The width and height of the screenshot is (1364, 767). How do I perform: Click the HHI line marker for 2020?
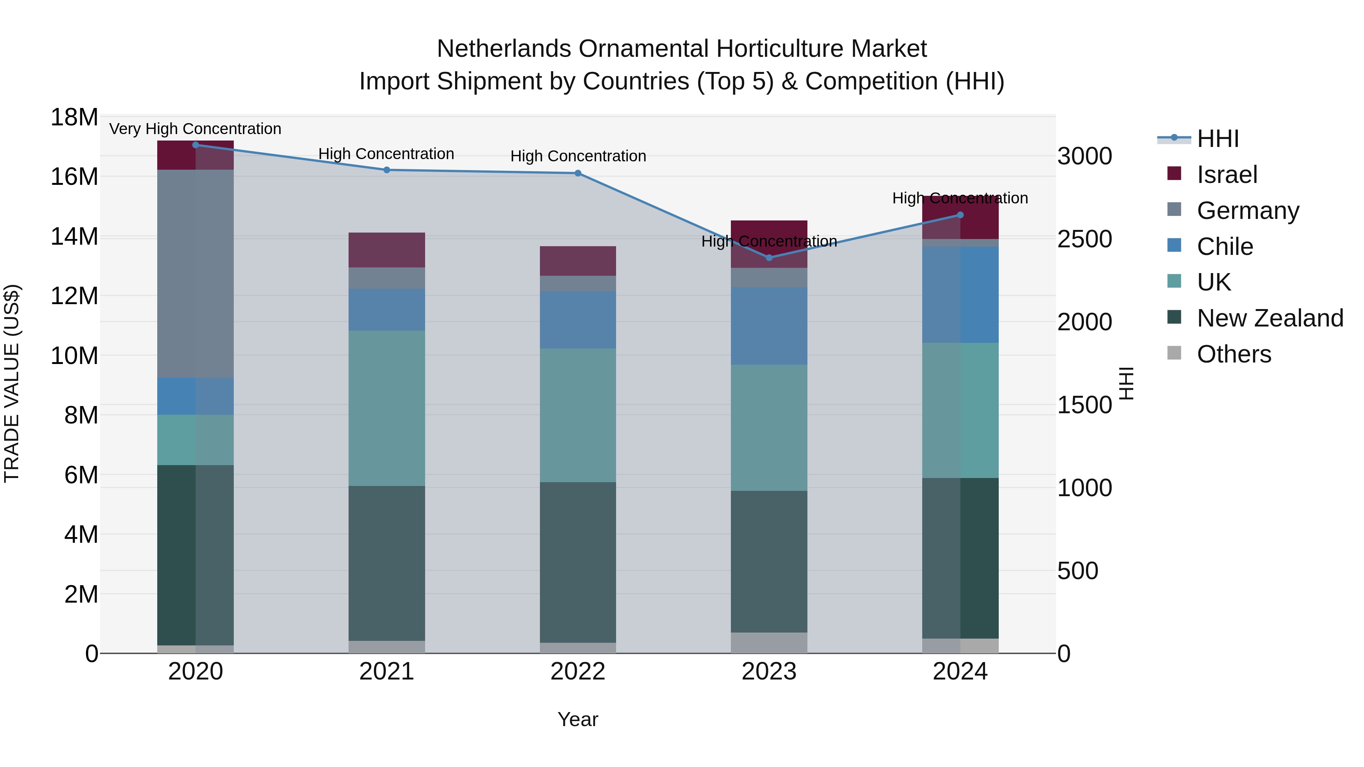pos(196,145)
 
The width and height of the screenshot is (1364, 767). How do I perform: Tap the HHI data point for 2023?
pos(769,258)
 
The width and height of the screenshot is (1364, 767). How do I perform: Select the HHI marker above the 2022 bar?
pos(578,173)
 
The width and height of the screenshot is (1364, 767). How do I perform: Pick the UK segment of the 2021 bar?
pos(386,408)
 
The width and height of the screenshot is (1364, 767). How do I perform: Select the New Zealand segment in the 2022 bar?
pos(578,562)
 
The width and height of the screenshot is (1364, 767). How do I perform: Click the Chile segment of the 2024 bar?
pos(960,294)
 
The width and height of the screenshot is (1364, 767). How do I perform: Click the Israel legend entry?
pos(1226,175)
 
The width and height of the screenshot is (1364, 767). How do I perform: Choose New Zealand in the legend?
pos(1269,318)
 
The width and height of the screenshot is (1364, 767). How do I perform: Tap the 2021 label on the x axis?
pos(386,672)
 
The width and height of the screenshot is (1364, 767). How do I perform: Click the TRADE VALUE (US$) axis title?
pos(12,383)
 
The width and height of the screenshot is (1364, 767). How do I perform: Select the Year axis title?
pos(578,719)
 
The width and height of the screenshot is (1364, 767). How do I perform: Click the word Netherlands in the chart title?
pos(504,49)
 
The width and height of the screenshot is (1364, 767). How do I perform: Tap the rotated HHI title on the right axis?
pos(1126,383)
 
